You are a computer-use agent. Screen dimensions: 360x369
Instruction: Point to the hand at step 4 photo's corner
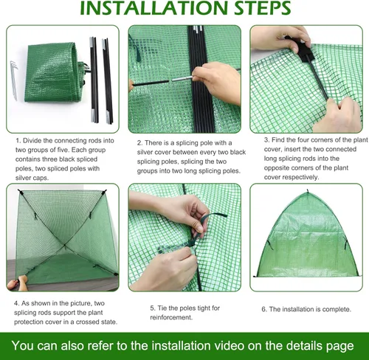10,284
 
